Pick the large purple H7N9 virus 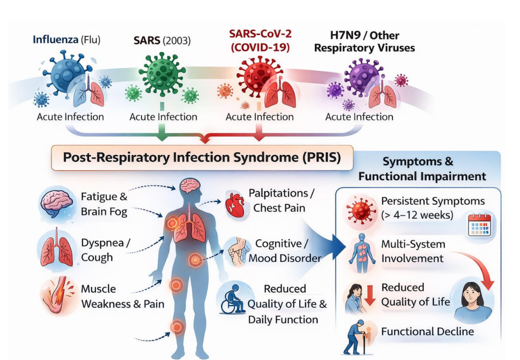click(x=360, y=77)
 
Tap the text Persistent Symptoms click(x=433, y=201)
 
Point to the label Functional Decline click(x=428, y=332)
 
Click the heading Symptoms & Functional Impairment click(x=421, y=169)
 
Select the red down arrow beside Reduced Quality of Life click(x=370, y=295)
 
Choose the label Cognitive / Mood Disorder click(x=285, y=251)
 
